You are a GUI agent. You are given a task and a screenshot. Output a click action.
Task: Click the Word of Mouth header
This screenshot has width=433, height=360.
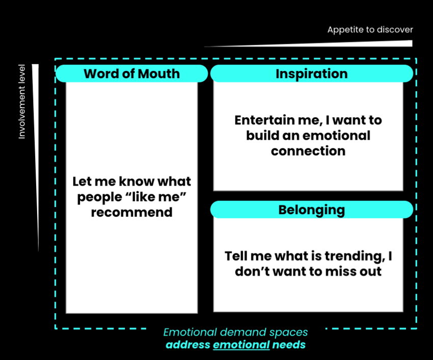131,73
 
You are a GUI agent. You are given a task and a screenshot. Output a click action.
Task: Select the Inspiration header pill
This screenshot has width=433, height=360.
311,73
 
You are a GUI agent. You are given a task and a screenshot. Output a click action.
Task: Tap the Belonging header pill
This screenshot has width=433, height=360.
311,210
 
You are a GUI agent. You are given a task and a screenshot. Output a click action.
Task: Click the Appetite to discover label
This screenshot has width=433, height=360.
370,30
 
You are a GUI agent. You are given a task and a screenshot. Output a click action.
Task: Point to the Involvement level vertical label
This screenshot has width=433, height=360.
22,101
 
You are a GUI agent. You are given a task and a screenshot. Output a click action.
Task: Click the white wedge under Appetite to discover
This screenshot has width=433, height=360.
357,44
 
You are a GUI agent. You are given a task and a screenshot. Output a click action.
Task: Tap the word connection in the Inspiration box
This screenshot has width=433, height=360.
308,151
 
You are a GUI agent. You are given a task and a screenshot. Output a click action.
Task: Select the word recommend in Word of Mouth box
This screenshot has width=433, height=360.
131,212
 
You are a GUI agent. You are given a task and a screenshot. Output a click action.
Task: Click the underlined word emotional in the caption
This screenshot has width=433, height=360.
241,345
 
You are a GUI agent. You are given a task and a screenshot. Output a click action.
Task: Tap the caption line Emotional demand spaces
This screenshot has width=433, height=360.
235,332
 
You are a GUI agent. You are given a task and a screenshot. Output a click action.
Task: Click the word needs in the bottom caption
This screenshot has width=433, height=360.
289,345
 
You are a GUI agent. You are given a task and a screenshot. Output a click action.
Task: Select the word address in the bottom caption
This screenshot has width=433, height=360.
187,345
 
